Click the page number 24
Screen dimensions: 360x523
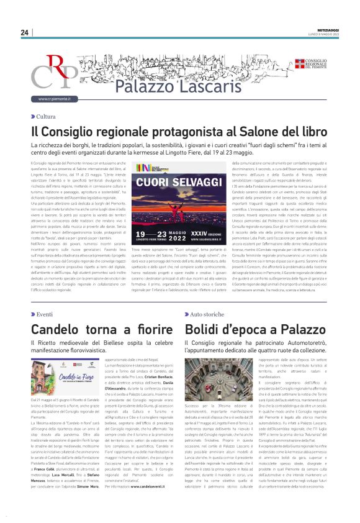pyautogui.click(x=24, y=32)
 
